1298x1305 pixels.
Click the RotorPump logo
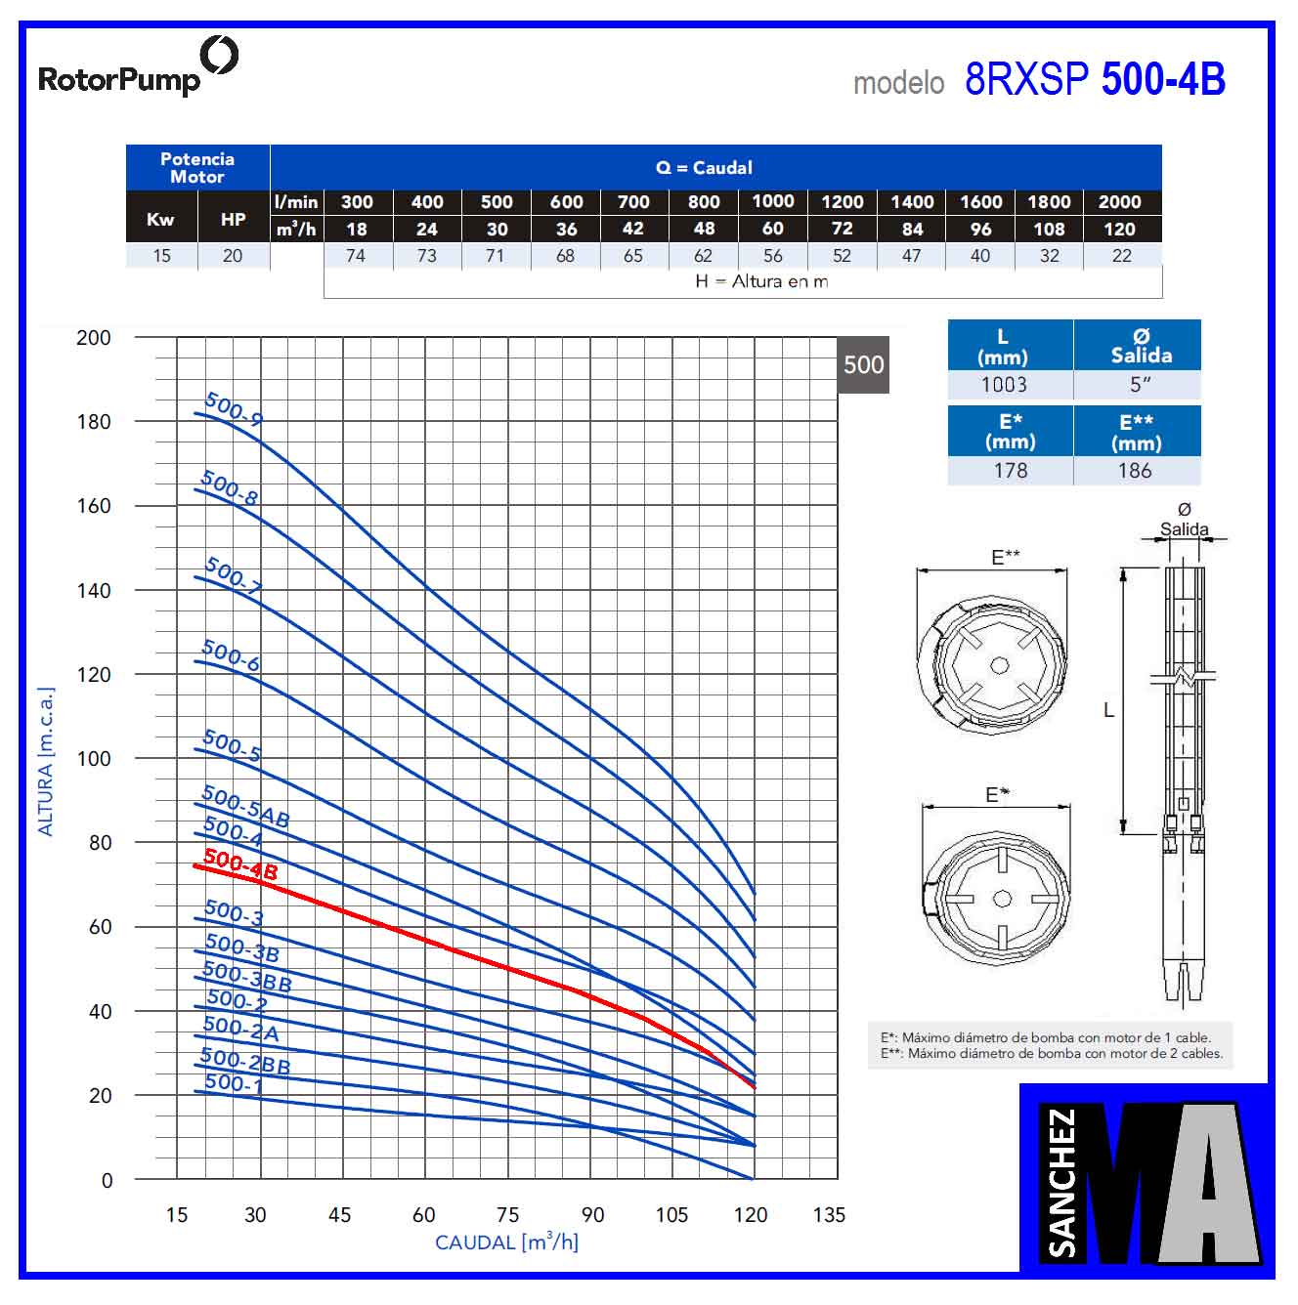tap(137, 67)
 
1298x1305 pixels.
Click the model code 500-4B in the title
tap(1162, 80)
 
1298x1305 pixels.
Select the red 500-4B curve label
tap(240, 864)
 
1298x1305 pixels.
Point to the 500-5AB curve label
tap(245, 807)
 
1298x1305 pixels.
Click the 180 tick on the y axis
tap(94, 422)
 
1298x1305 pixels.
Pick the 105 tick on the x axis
tap(671, 1215)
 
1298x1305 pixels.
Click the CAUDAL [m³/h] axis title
tap(506, 1242)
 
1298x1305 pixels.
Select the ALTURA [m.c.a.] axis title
tap(46, 762)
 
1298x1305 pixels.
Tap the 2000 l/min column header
tap(1119, 202)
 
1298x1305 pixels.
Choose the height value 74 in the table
tap(356, 256)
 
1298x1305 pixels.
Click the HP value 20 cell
tap(233, 256)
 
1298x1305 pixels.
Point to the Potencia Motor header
tap(197, 168)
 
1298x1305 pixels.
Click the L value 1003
tap(1004, 385)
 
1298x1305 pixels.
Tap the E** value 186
tap(1135, 471)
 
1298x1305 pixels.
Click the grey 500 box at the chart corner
tap(863, 365)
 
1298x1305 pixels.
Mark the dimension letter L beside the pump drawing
tap(1108, 710)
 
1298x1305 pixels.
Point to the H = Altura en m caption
tap(761, 282)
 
